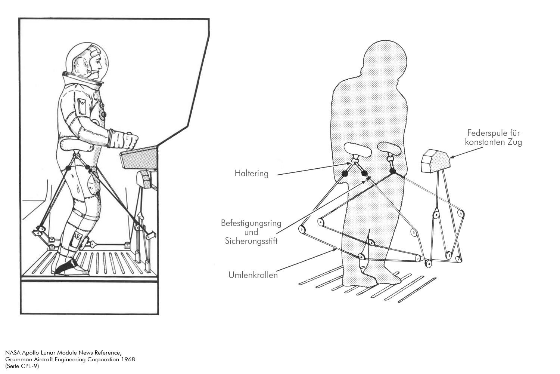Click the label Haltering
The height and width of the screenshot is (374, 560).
(x=251, y=173)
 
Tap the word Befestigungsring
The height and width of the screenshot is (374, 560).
(x=251, y=223)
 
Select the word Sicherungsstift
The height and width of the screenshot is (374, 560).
(x=251, y=241)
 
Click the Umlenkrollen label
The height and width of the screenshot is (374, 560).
(x=253, y=275)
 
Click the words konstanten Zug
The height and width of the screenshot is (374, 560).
(x=493, y=142)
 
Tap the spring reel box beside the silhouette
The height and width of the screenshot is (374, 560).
(x=435, y=161)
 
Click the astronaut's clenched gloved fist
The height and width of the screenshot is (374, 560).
(x=131, y=140)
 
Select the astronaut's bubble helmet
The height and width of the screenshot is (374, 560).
(x=87, y=62)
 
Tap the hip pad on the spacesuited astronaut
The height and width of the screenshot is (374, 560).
(x=77, y=145)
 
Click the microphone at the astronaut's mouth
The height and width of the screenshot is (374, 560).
(x=93, y=72)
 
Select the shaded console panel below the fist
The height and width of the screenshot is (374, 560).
(x=139, y=158)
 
